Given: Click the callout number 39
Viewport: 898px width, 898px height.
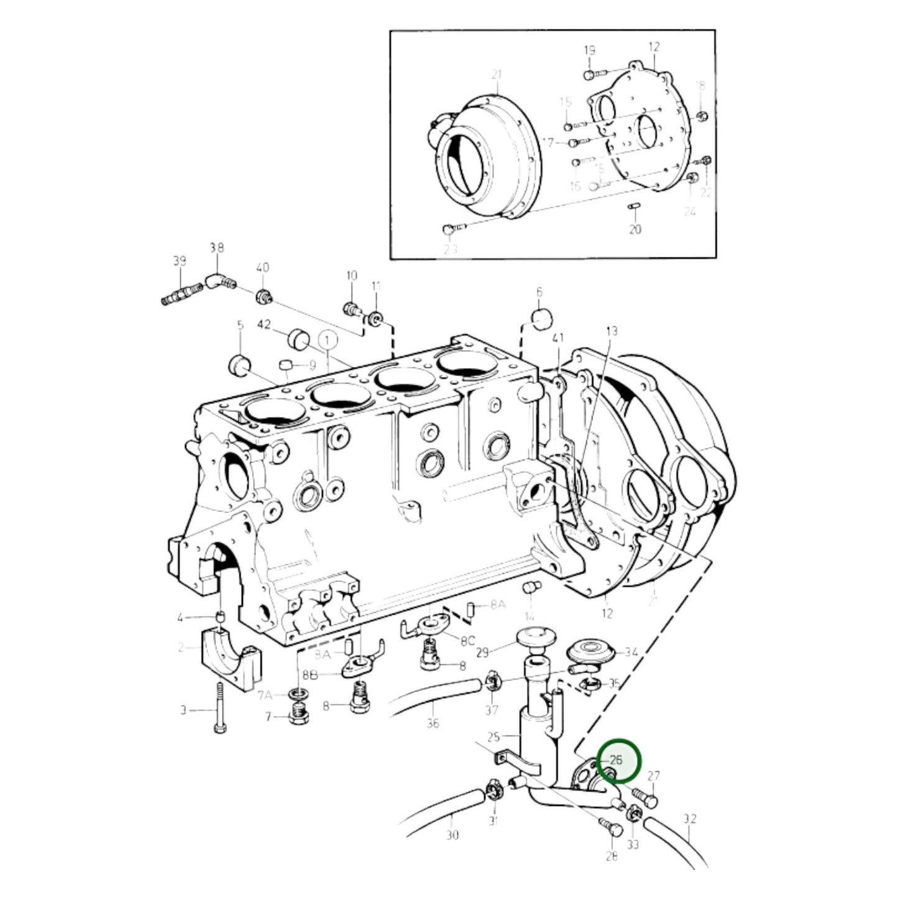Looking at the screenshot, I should coord(179,262).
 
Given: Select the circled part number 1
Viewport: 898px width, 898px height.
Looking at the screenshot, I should coord(328,339).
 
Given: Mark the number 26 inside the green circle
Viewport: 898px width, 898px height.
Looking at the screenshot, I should coord(616,759).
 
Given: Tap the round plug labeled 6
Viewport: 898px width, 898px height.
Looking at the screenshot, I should coord(541,318).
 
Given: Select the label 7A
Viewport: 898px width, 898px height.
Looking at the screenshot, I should coord(265,694).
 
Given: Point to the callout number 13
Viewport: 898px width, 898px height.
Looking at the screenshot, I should coord(612,331).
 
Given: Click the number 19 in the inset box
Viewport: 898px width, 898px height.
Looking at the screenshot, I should coord(589,50).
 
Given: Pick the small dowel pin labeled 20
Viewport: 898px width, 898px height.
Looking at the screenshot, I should coord(635,207).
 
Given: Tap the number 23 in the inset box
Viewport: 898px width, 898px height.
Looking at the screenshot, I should coord(449,249).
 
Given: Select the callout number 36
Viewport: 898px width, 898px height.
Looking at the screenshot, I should coord(433,723).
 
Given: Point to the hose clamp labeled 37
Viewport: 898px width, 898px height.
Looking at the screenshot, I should coord(492,682).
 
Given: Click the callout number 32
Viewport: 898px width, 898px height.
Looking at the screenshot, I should coord(690,819).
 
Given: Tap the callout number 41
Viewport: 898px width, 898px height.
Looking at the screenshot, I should coord(558,338).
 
